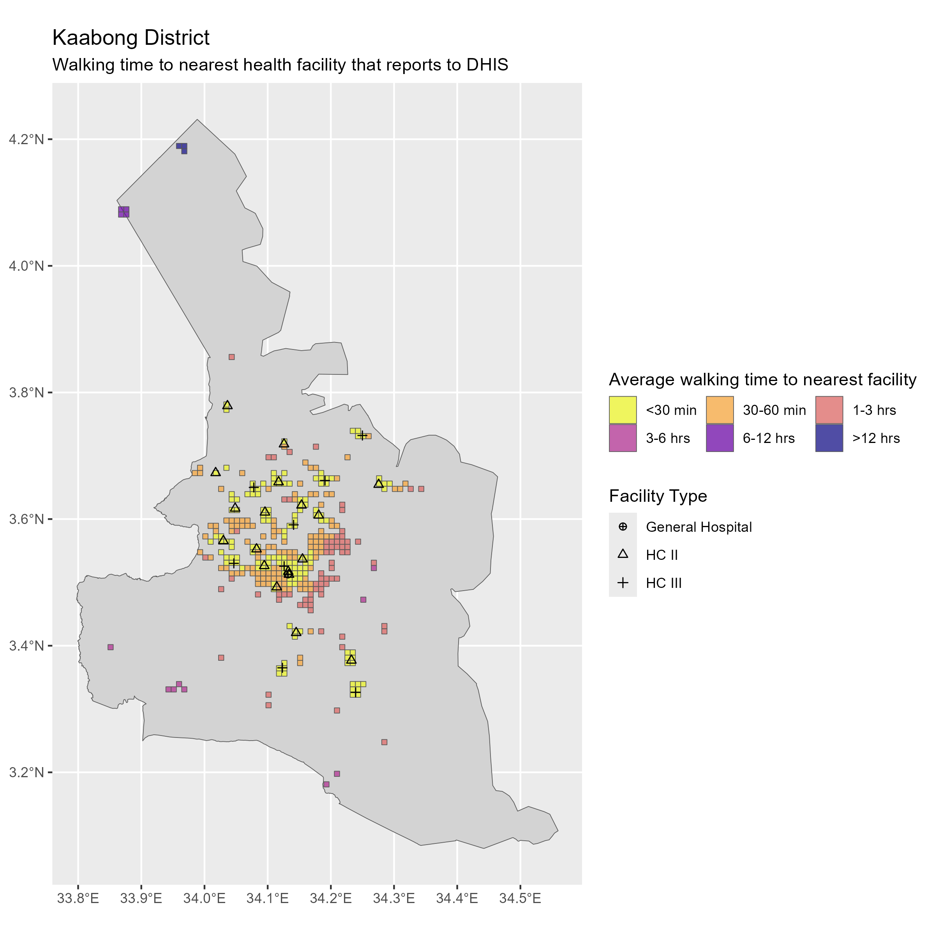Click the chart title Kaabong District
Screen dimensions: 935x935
131,38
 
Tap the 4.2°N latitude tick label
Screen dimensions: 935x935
26,139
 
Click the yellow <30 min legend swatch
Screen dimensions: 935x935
623,410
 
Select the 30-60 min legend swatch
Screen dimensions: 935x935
720,410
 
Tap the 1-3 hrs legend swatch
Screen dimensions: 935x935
829,410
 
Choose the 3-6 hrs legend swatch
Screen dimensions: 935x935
623,438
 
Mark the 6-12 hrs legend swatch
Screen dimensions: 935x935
720,438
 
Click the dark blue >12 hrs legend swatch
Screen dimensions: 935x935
829,438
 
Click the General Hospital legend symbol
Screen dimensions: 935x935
623,527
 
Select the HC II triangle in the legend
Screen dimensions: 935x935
623,555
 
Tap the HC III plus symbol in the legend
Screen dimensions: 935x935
623,583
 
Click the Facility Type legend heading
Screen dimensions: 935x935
658,496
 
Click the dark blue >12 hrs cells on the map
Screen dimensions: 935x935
182,147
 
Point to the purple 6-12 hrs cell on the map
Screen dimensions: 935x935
123,212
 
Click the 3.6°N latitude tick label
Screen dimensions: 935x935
26,519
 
